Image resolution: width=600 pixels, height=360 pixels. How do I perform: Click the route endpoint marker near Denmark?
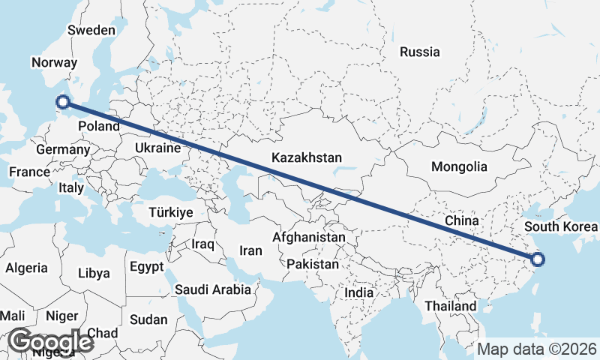[x=63, y=102]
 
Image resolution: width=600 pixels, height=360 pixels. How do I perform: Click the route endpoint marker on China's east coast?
[x=537, y=260]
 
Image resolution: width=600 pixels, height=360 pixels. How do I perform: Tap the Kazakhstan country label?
[x=307, y=158]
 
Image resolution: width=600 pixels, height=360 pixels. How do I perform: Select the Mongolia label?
[x=459, y=167]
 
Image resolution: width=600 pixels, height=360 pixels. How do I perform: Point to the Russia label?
[x=419, y=52]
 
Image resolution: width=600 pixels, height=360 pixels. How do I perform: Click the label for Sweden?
[x=91, y=31]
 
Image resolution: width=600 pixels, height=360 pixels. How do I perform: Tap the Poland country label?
[x=98, y=126]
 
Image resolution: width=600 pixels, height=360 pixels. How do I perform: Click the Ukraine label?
[x=158, y=148]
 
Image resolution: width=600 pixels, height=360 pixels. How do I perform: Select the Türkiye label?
[x=171, y=213]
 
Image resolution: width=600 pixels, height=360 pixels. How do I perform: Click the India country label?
[x=358, y=293]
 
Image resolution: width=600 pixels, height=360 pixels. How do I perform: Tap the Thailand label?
[x=450, y=306]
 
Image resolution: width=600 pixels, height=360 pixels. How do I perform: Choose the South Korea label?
[x=561, y=226]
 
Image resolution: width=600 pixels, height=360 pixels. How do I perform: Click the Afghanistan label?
[x=309, y=238]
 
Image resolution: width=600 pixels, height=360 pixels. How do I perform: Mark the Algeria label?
[x=27, y=268]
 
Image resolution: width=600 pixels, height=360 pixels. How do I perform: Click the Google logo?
[x=51, y=341]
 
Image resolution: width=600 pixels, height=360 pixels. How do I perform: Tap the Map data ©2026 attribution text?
[x=537, y=349]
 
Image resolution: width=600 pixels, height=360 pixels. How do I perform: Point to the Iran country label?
[x=250, y=250]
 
